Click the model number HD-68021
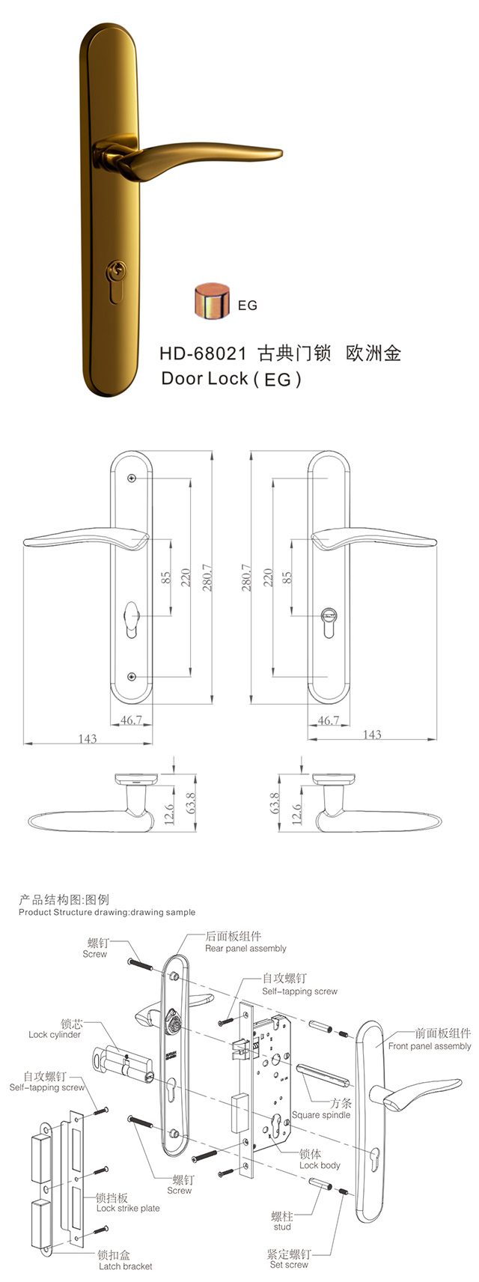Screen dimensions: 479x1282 coord(203,353)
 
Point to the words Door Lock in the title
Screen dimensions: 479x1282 coord(204,378)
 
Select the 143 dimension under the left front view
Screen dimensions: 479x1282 coord(87,738)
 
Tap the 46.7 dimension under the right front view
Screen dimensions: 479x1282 coord(328,720)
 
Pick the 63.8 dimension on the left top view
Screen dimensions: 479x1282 coord(191,803)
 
